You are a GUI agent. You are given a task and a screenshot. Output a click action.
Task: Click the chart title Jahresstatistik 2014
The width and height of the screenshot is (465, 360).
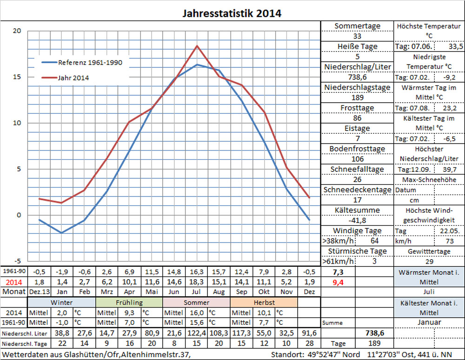click(x=232, y=13)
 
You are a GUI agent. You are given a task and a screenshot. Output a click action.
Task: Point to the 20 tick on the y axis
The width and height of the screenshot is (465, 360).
click(x=17, y=31)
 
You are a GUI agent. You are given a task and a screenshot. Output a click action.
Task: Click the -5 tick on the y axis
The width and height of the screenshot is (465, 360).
click(x=17, y=261)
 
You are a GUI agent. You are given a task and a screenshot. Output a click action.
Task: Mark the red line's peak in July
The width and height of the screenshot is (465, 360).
click(x=197, y=46)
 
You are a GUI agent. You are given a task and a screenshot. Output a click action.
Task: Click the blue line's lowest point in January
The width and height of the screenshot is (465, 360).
click(x=61, y=233)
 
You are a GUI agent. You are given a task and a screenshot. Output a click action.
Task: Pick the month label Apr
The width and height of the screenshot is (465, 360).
click(x=129, y=292)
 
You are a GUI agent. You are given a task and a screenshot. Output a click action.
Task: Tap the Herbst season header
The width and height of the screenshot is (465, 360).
click(x=263, y=302)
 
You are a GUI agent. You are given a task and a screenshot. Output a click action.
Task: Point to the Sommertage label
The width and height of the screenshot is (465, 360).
click(x=357, y=26)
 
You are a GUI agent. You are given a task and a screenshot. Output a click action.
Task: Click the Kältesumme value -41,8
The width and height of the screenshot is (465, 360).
click(x=357, y=220)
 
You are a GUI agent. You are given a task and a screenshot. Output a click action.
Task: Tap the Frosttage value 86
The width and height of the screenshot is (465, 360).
click(x=357, y=118)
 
